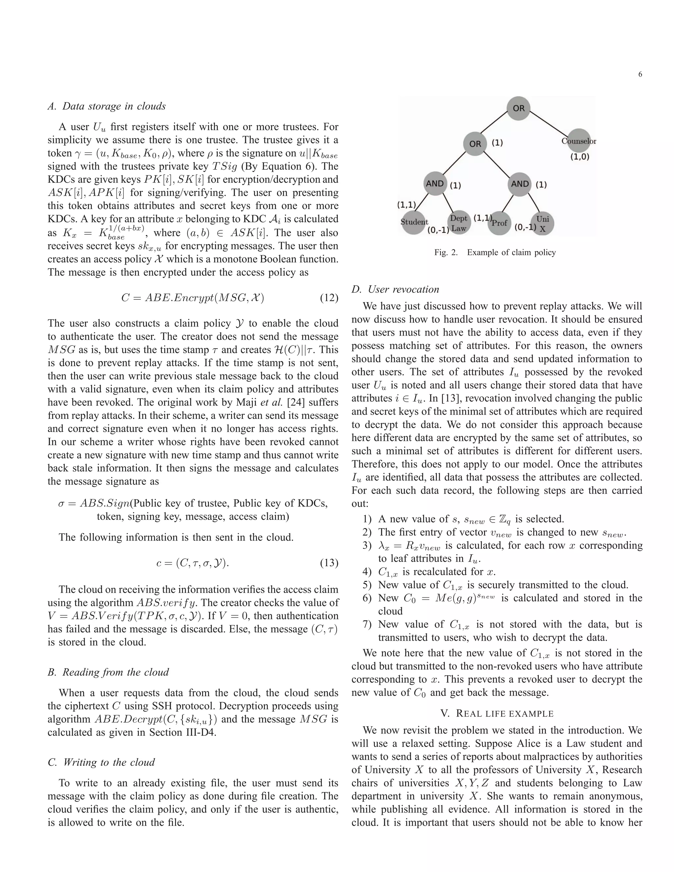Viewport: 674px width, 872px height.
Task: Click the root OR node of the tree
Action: point(518,108)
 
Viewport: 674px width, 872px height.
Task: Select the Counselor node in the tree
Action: point(579,141)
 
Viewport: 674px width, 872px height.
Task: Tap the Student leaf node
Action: point(414,222)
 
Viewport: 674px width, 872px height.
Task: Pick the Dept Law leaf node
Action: point(458,223)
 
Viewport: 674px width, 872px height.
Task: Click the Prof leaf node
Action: point(499,223)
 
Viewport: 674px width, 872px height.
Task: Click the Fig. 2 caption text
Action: point(495,252)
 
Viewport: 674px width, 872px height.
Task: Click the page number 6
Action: point(640,74)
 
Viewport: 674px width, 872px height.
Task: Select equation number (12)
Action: point(329,298)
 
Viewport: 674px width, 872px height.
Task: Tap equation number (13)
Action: point(329,563)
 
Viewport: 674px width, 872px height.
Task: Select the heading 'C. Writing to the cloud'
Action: point(101,762)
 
